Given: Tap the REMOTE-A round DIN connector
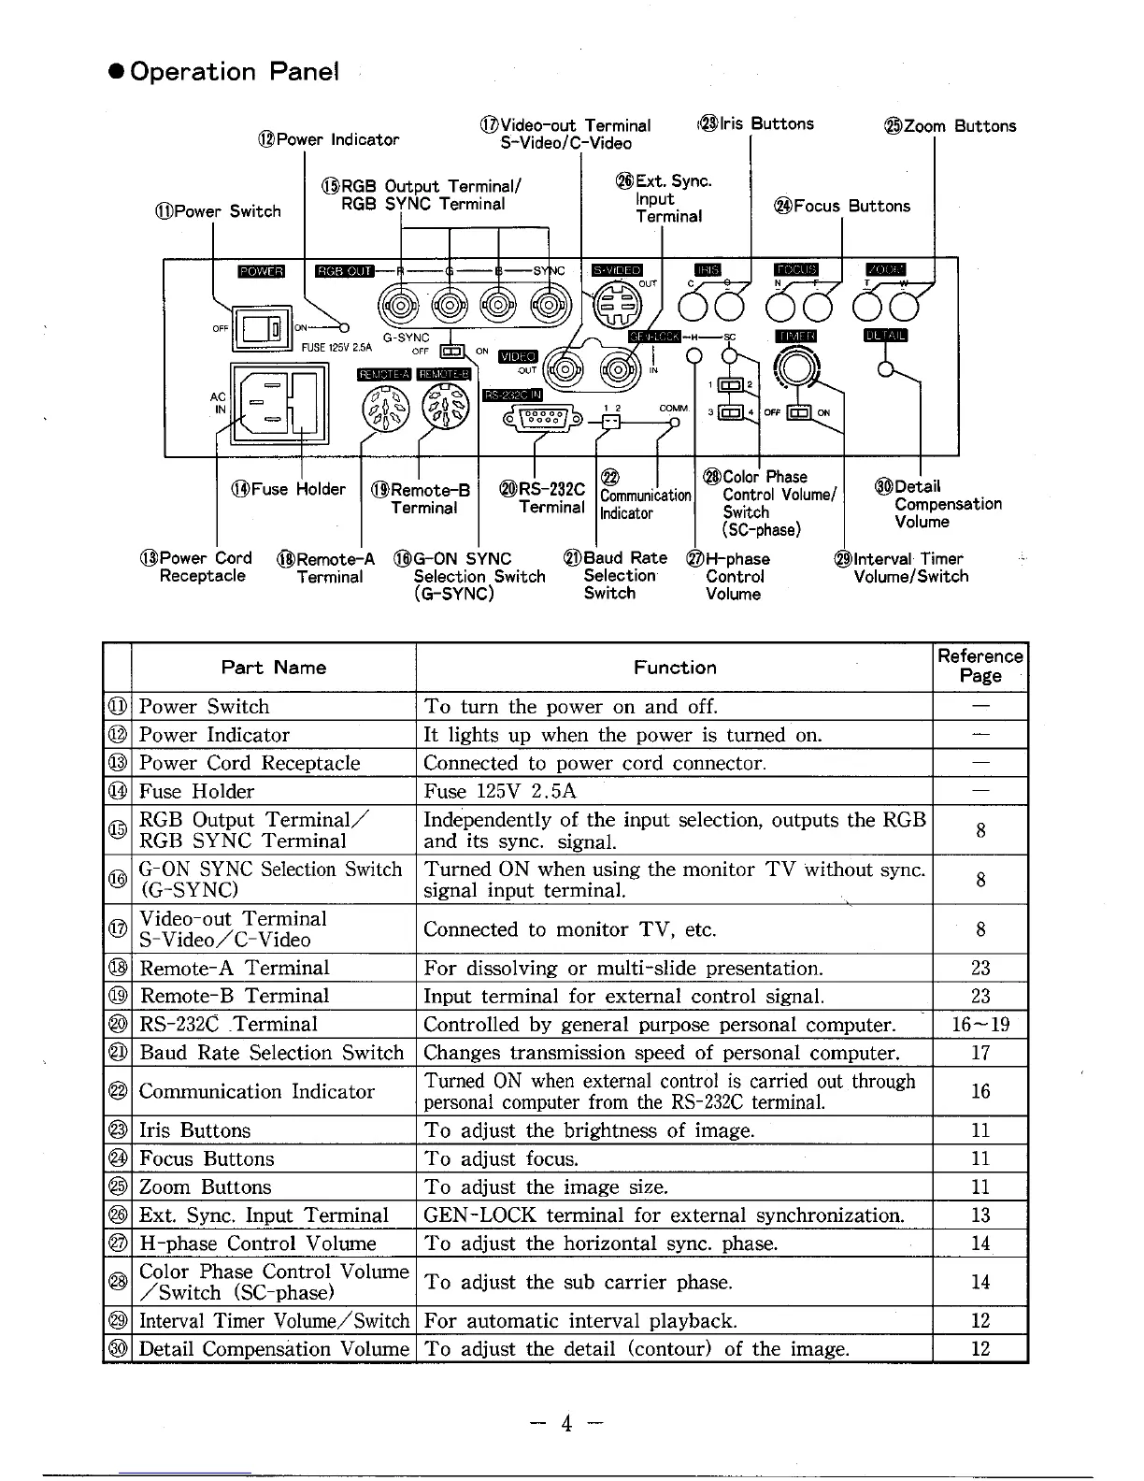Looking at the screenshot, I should click(x=384, y=408).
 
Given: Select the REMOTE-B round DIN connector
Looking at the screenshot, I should click(x=443, y=408).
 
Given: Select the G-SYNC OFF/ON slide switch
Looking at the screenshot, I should click(x=452, y=352).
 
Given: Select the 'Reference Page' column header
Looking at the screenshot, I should click(x=980, y=666).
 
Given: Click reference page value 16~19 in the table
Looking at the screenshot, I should click(x=980, y=1025).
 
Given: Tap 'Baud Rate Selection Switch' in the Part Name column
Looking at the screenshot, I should click(x=271, y=1053).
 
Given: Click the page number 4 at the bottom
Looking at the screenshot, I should click(x=565, y=1423).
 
